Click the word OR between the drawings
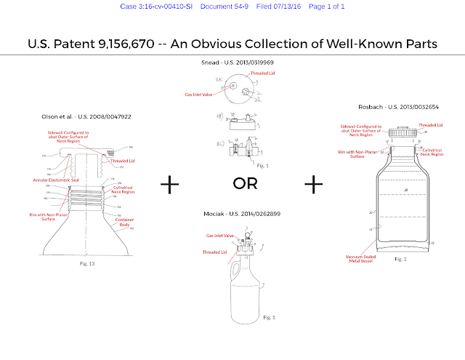[x=245, y=183]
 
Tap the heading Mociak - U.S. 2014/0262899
[x=246, y=215]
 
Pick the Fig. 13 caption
[x=87, y=263]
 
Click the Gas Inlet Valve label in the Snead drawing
[x=200, y=94]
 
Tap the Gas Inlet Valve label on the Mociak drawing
[x=219, y=236]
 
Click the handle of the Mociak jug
[x=224, y=271]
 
